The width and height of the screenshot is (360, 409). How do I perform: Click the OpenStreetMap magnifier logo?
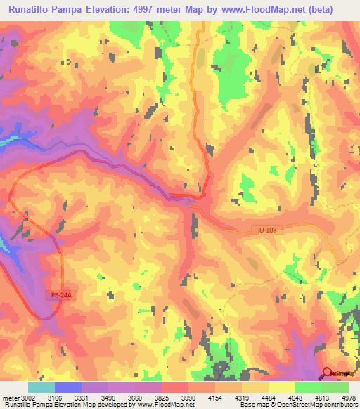[328, 372]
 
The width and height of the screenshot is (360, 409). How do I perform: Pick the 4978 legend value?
[349, 398]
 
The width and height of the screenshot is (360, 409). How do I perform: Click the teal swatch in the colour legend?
[41, 387]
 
